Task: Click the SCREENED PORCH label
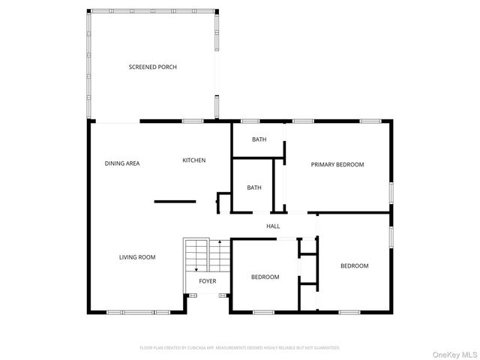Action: [x=152, y=67]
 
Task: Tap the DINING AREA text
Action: [x=122, y=163]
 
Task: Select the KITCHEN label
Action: [x=194, y=160]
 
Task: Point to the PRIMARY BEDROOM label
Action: [x=337, y=164]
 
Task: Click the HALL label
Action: [x=273, y=226]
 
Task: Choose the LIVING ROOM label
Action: [x=137, y=257]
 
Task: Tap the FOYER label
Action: [x=208, y=281]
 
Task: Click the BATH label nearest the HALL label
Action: [x=254, y=187]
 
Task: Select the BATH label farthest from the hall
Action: [x=259, y=139]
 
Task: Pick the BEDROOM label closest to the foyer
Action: [x=265, y=277]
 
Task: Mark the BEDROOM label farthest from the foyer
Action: [x=355, y=265]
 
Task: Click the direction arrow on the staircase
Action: [x=196, y=269]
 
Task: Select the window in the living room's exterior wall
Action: [x=127, y=311]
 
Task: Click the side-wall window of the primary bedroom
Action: [x=391, y=192]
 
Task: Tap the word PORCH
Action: [x=167, y=67]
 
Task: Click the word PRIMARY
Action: [x=325, y=164]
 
